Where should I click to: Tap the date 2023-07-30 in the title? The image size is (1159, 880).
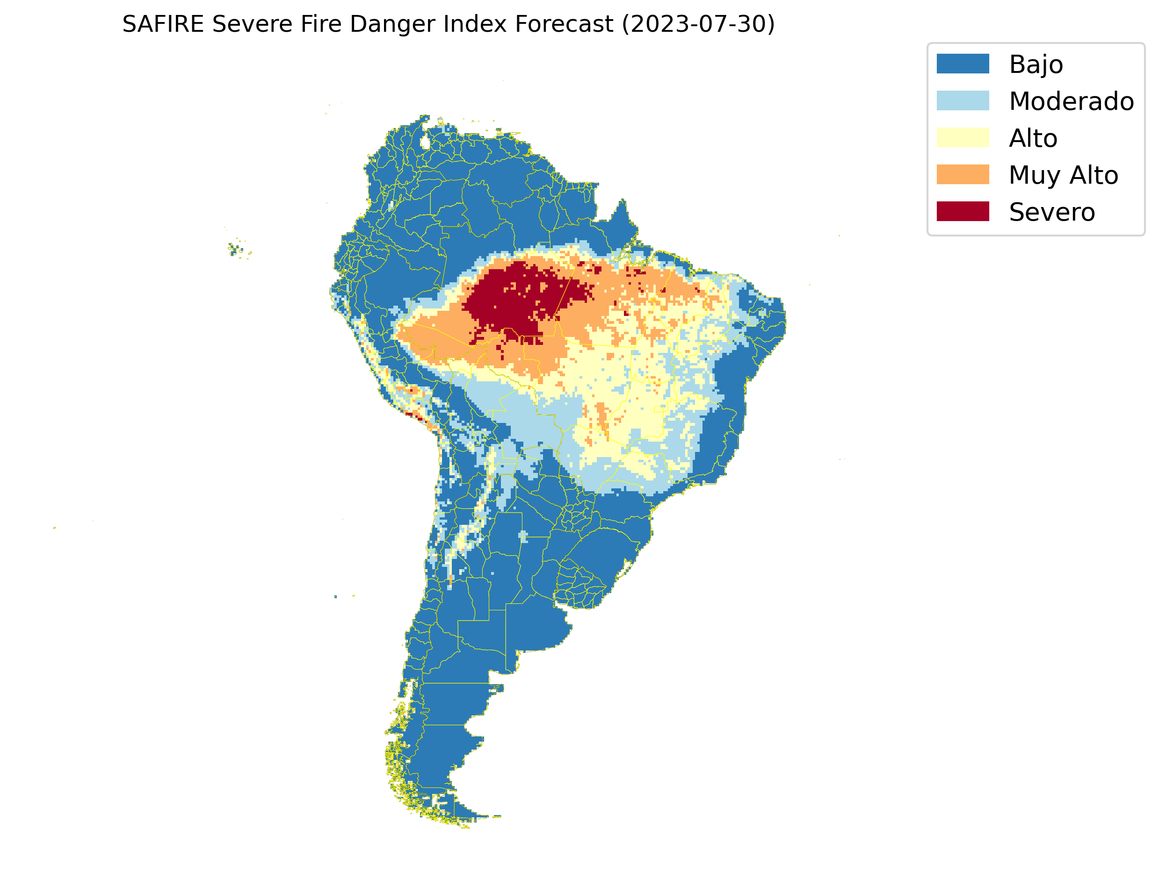698,24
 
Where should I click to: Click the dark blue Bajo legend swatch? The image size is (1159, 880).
963,64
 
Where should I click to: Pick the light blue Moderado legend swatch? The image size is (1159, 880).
963,100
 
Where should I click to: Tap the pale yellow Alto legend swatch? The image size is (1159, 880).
963,138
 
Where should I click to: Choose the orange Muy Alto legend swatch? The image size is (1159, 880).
963,174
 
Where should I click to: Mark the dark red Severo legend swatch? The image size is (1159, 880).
963,212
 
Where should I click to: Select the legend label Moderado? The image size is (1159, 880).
1071,101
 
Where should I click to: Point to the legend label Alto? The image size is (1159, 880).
1033,138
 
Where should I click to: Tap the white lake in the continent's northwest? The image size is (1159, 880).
425,142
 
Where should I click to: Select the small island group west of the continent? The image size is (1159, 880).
236,250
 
